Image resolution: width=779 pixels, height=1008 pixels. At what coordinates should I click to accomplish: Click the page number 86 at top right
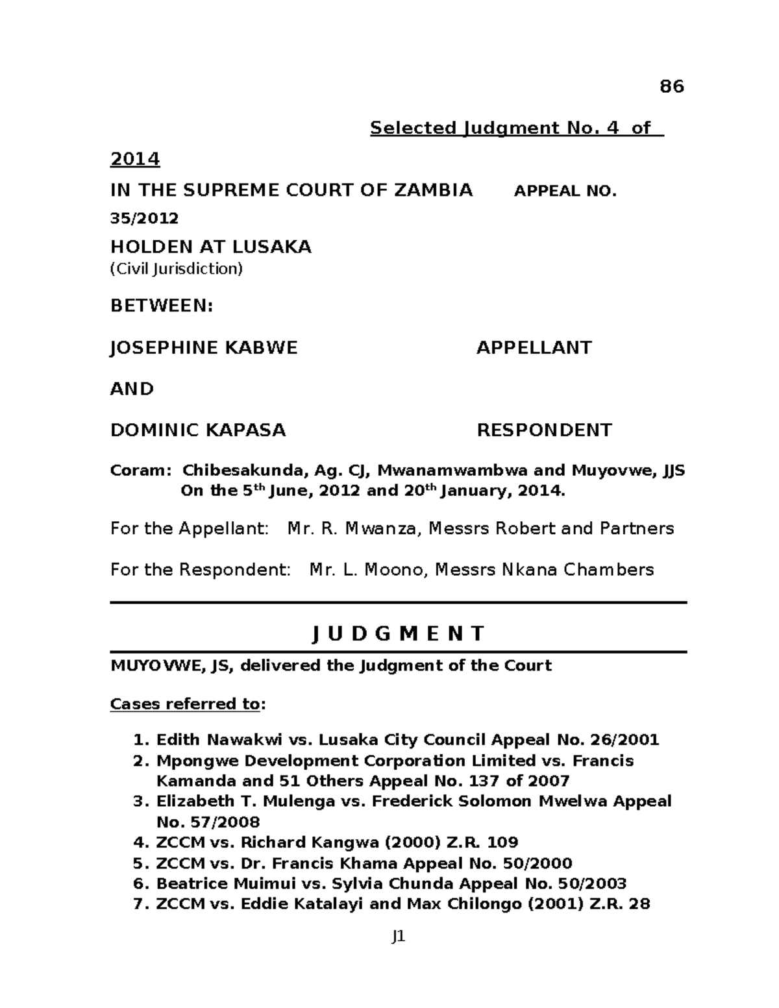671,86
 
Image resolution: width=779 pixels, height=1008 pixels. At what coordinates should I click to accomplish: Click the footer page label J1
398,937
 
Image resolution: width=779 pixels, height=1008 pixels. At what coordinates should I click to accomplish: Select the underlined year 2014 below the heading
135,159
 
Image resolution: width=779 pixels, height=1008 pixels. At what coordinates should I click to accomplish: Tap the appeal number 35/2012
144,218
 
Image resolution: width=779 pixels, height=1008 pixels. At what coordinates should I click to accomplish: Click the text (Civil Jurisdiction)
176,269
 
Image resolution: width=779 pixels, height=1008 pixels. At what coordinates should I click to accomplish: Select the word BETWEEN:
162,306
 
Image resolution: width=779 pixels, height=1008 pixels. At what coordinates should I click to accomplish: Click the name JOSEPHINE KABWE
204,348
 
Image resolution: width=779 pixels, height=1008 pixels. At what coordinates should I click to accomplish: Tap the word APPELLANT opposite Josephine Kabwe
534,348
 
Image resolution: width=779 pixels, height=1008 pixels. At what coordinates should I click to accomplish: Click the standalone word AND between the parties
132,389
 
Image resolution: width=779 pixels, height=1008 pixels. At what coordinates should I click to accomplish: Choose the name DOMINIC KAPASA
198,430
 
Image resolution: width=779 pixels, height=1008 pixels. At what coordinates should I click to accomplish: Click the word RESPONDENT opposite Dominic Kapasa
544,430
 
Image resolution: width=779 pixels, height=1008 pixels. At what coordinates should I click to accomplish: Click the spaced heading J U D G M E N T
398,633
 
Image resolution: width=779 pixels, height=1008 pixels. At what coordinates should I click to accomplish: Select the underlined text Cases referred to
185,704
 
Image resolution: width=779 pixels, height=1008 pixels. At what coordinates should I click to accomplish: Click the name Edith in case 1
177,740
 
